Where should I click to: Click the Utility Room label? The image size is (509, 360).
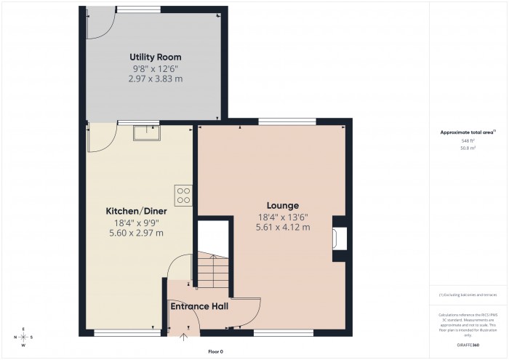155,57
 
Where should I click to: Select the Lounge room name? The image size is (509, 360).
283,206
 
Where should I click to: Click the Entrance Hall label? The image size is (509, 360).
199,306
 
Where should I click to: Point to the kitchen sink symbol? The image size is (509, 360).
148,132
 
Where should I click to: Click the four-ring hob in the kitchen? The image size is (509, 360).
183,195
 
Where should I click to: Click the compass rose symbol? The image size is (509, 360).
24,337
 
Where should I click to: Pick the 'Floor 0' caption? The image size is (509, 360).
216,351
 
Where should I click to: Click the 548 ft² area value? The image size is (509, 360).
468,140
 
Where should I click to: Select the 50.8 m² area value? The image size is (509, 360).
468,148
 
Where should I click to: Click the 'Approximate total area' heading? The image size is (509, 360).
467,132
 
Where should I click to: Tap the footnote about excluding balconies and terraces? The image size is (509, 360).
468,295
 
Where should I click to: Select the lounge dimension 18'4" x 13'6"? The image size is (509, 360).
283,217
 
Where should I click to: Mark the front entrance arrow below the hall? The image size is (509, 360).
183,336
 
